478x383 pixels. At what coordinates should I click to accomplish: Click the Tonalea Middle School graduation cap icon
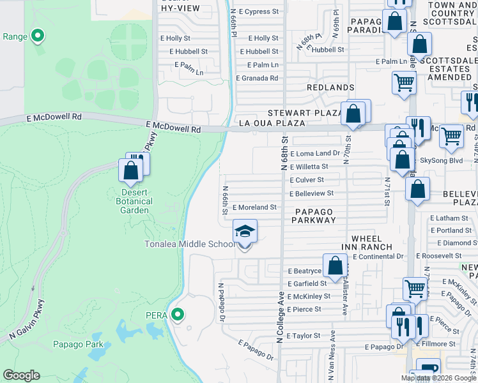[x=244, y=231]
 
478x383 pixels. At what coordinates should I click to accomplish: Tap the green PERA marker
[x=178, y=315]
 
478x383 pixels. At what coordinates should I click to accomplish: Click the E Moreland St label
[x=254, y=207]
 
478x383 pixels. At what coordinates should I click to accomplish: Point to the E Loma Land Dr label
[x=315, y=154]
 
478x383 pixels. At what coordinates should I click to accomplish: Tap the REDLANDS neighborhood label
[x=330, y=87]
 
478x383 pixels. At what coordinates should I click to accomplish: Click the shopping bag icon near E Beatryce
[x=335, y=265]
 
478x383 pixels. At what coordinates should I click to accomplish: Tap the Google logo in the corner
[x=21, y=375]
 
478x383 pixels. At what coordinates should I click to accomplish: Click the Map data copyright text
[x=438, y=378]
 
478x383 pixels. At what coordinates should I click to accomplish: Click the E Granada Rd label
[x=257, y=78]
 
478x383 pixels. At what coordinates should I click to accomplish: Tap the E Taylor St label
[x=304, y=335]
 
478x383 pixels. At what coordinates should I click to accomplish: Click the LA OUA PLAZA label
[x=265, y=123]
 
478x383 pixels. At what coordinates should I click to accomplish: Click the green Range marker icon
[x=38, y=36]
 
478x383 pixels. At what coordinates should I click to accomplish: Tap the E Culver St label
[x=309, y=181]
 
